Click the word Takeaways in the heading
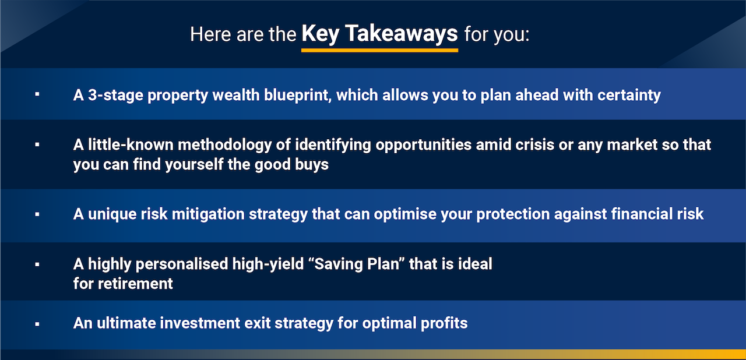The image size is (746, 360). click(402, 34)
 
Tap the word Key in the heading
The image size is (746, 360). click(321, 34)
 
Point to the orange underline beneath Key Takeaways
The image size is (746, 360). click(379, 50)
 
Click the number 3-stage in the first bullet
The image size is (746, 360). click(115, 96)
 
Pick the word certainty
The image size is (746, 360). click(629, 96)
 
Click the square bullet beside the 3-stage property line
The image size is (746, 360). click(37, 94)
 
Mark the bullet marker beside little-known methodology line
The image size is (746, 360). click(37, 144)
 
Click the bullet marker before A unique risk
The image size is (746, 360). click(37, 214)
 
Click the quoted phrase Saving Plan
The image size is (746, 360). click(356, 264)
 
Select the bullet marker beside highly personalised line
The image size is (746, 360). click(37, 264)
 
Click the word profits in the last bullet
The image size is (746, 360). click(444, 323)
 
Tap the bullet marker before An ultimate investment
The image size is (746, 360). click(37, 324)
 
